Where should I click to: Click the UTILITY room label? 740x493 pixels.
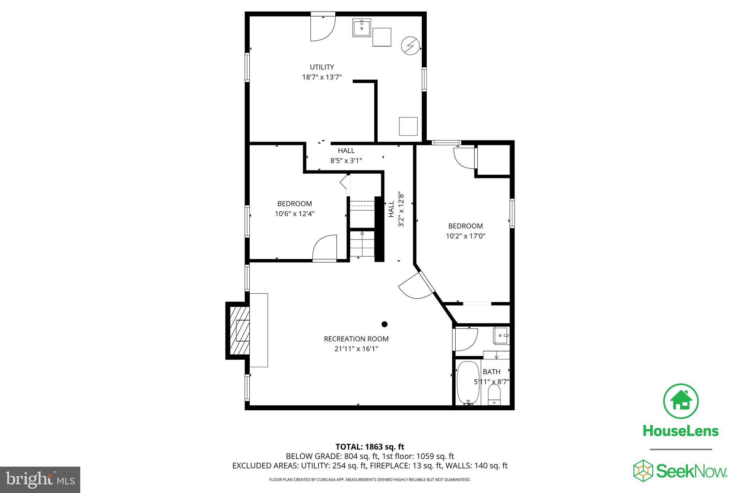click(322, 67)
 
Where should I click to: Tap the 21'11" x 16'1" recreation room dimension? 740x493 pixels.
click(356, 349)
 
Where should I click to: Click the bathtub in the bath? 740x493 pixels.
click(468, 383)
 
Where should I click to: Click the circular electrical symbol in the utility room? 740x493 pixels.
click(410, 46)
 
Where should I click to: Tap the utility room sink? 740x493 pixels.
click(362, 28)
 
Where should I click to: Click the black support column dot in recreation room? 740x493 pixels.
click(384, 324)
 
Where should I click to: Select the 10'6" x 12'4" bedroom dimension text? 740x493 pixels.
click(294, 214)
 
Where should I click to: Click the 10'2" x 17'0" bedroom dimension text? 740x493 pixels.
click(465, 236)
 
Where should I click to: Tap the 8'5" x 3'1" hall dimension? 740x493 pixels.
click(346, 161)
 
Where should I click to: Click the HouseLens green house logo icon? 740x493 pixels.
click(681, 401)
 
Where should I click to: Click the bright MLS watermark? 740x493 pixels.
click(40, 480)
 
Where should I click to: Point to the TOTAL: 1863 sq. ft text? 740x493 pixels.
click(370, 447)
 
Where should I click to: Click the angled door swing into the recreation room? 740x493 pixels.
click(416, 286)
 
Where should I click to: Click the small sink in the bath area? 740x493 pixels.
click(501, 336)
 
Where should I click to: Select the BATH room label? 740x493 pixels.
click(491, 372)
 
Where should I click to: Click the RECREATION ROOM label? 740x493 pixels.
click(356, 339)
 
